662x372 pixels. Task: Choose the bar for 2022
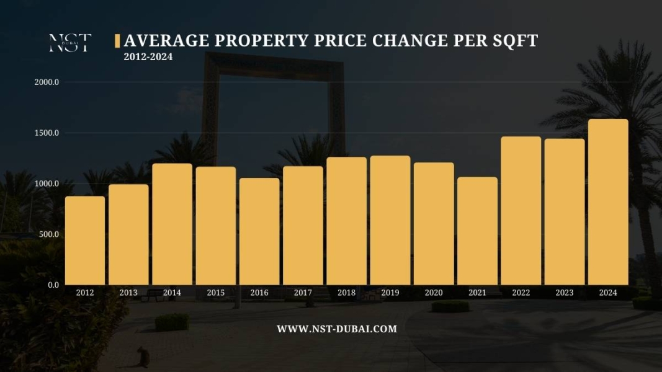point(521,211)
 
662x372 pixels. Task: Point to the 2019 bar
point(390,220)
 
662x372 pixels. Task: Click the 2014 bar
point(172,224)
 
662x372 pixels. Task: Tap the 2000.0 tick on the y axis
point(47,82)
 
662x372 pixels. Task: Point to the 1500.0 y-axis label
point(47,133)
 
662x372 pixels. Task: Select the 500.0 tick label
point(48,234)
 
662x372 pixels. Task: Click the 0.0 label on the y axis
point(53,285)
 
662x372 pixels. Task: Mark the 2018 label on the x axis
point(346,293)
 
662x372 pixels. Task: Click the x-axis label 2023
point(565,293)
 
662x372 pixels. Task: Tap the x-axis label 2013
point(128,293)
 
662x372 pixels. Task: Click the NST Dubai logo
point(70,43)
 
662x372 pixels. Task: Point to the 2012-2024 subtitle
point(148,57)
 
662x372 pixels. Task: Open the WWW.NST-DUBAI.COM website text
point(337,329)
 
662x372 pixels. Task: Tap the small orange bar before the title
point(117,41)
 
